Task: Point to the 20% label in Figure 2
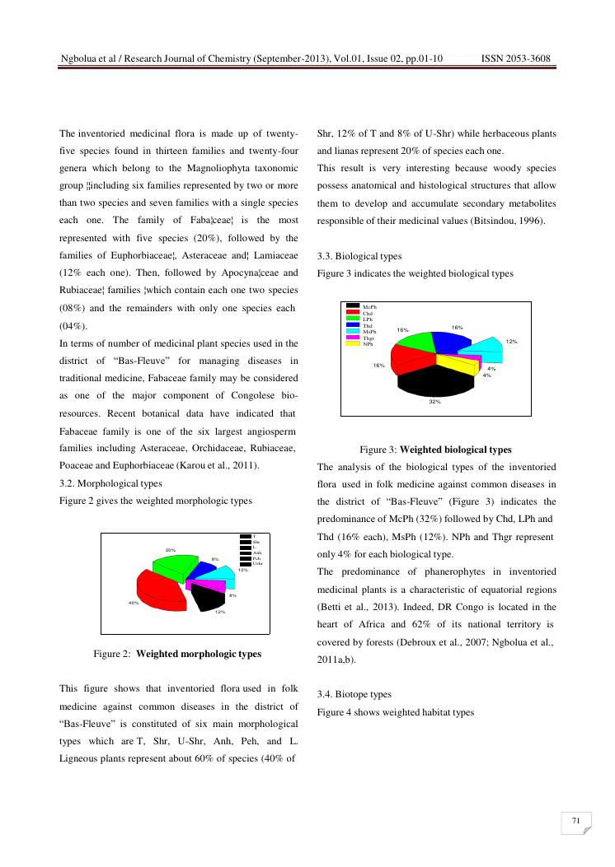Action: point(171,549)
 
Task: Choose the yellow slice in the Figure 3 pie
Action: point(455,364)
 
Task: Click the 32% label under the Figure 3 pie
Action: point(434,401)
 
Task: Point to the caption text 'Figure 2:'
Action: point(113,654)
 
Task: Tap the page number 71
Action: point(576,819)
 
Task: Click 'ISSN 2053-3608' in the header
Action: point(515,59)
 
